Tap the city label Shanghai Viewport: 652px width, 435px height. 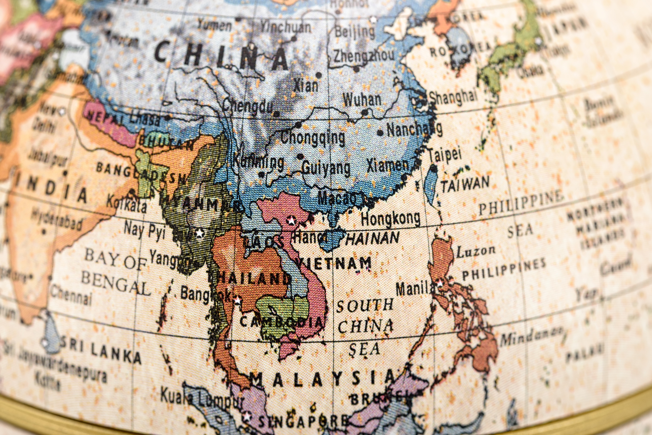[x=453, y=97]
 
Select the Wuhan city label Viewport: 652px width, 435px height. [x=362, y=100]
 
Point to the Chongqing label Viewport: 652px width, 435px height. [x=313, y=138]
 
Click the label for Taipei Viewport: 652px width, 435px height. [x=445, y=155]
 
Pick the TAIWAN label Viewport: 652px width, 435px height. [x=465, y=184]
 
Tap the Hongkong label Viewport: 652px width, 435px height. [x=390, y=218]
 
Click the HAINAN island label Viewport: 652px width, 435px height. [x=373, y=238]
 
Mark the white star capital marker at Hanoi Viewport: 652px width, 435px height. [x=290, y=220]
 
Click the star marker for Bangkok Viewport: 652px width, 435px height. [x=238, y=300]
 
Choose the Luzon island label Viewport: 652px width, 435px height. [x=475, y=252]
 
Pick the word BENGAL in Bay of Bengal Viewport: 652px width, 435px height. [x=115, y=283]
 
